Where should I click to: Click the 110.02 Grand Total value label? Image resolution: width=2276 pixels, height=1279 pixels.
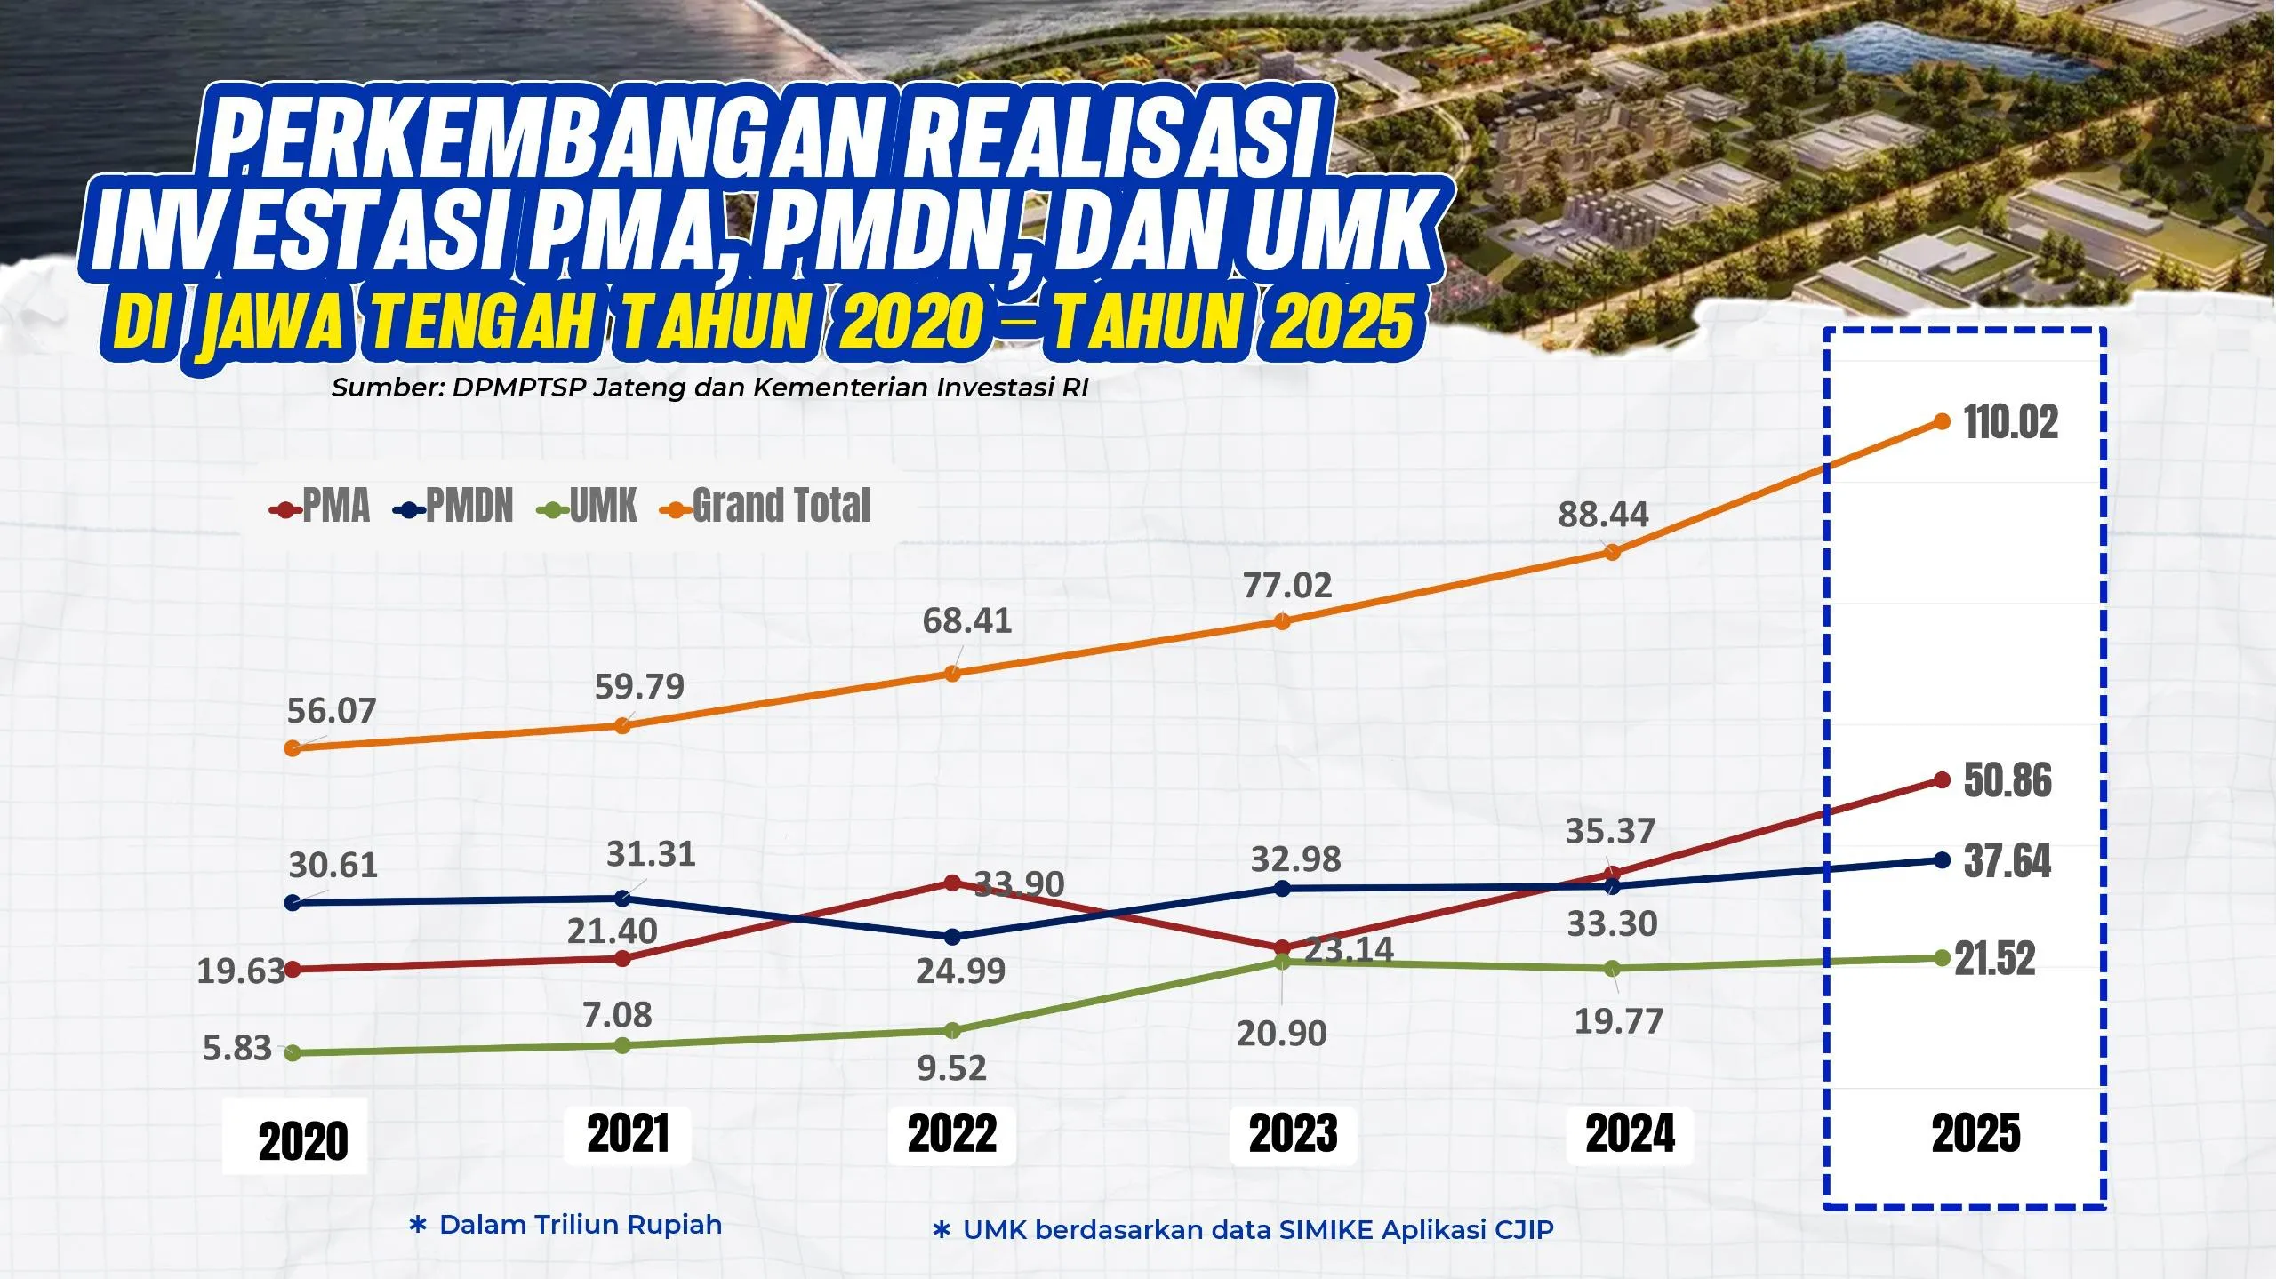pyautogui.click(x=2011, y=422)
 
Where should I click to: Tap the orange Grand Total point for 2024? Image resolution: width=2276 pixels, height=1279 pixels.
pyautogui.click(x=1612, y=552)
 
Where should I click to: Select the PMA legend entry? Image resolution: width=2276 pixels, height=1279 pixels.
pyautogui.click(x=321, y=507)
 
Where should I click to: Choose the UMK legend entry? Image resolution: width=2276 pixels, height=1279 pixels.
pyautogui.click(x=589, y=507)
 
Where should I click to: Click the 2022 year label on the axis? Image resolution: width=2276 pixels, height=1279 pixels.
pyautogui.click(x=952, y=1134)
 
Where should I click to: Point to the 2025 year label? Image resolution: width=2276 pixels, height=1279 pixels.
pyautogui.click(x=1975, y=1134)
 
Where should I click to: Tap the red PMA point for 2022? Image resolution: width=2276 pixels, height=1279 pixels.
pyautogui.click(x=952, y=883)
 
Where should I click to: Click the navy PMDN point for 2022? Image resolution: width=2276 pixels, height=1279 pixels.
pyautogui.click(x=952, y=937)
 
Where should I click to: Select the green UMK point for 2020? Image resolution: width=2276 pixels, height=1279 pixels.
pyautogui.click(x=292, y=1052)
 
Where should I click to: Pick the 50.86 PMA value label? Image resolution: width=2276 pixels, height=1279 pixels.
pyautogui.click(x=2008, y=781)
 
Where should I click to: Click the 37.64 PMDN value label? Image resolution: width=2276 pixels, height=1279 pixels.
pyautogui.click(x=2008, y=861)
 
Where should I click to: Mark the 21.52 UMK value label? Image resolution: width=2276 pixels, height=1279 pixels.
pyautogui.click(x=1994, y=959)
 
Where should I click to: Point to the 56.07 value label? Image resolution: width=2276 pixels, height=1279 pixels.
pyautogui.click(x=332, y=711)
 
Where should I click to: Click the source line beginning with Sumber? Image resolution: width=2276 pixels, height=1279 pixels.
pyautogui.click(x=709, y=388)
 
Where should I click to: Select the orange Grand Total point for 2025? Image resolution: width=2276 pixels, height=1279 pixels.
pyautogui.click(x=1943, y=421)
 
